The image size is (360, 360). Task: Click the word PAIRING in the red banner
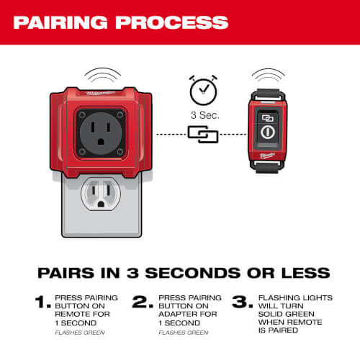(60, 22)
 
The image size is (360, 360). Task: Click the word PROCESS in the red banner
(172, 22)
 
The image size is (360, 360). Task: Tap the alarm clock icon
(203, 90)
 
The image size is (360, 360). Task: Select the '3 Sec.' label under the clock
(205, 115)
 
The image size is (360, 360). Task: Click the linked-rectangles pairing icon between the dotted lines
(203, 135)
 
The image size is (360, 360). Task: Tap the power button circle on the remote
(268, 132)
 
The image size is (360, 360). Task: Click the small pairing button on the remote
(268, 118)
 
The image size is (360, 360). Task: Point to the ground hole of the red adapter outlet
(101, 141)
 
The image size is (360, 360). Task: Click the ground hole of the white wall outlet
(101, 204)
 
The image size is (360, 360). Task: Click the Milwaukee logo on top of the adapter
(101, 93)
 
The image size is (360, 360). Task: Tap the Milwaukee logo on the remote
(267, 156)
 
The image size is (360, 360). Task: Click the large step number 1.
(42, 302)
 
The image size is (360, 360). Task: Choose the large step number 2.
(143, 302)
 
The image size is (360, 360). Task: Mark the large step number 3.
(243, 302)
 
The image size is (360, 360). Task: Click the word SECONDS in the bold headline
(193, 273)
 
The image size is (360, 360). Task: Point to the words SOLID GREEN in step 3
(287, 314)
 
